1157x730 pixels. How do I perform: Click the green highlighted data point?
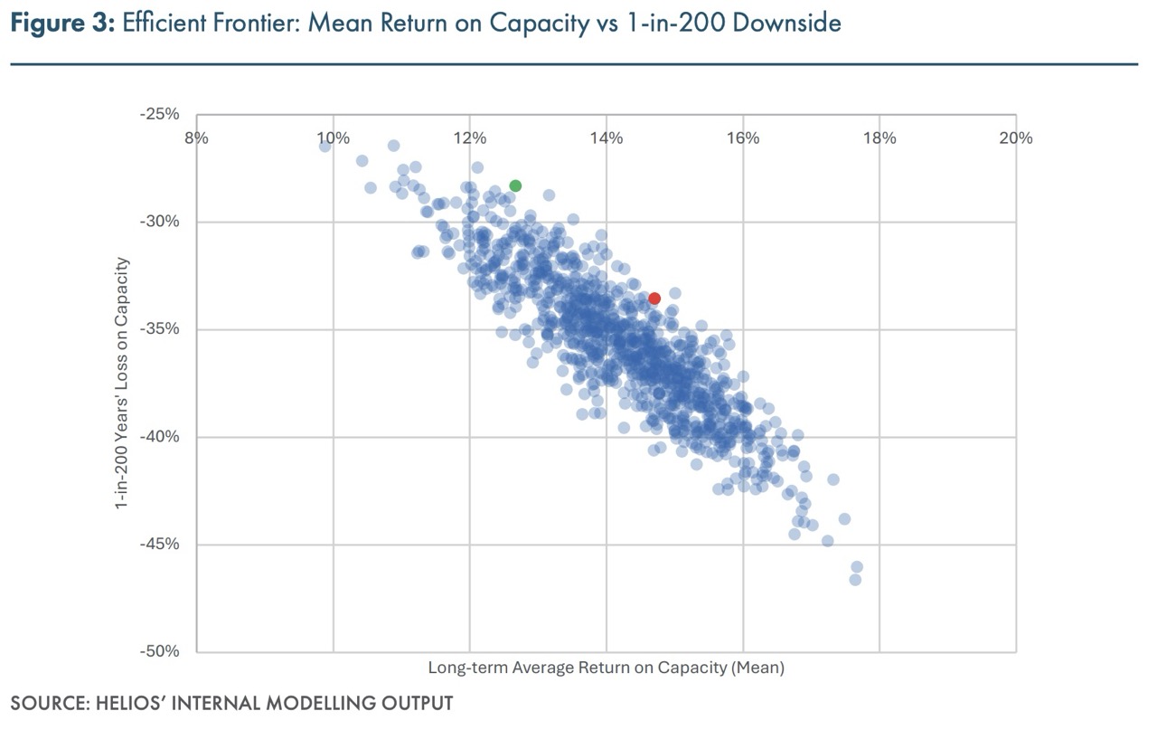(515, 185)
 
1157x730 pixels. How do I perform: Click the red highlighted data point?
(654, 299)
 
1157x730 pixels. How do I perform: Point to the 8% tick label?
(196, 137)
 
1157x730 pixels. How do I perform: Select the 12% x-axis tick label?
(469, 137)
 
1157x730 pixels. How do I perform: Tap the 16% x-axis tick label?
(742, 137)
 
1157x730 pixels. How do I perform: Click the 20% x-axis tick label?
(1015, 137)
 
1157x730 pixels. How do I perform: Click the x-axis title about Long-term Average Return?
(606, 668)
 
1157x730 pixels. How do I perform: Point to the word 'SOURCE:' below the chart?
(46, 703)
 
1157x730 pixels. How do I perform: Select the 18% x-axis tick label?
(879, 137)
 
